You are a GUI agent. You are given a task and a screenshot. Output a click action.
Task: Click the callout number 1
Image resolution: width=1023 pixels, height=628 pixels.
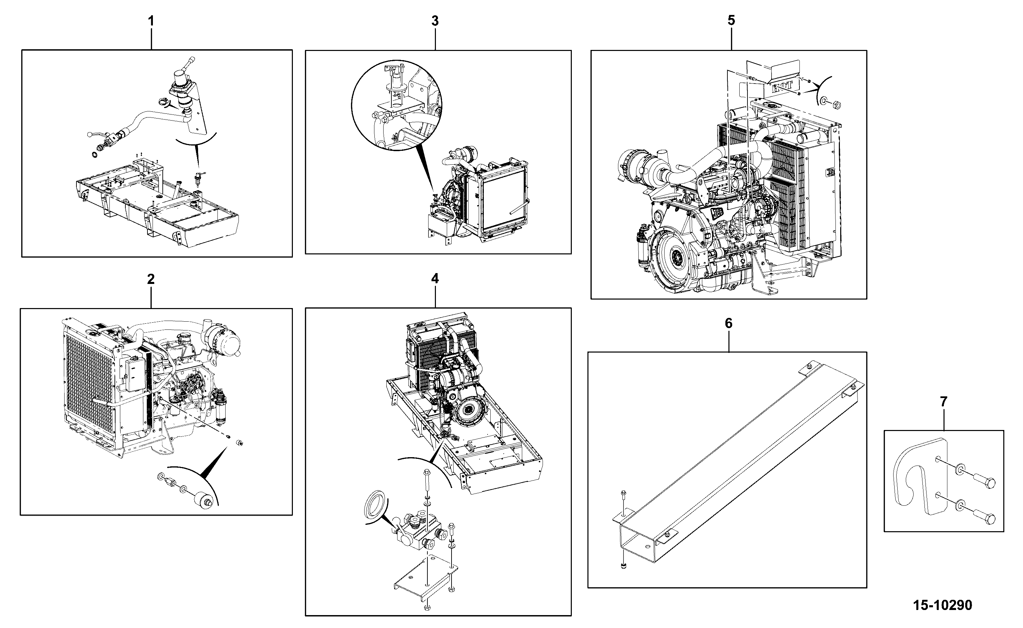tap(151, 21)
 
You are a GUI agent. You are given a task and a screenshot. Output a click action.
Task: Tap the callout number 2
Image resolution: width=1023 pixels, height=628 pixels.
tap(151, 279)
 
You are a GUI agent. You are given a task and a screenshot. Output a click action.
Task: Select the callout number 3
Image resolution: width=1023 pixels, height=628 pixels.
tap(435, 21)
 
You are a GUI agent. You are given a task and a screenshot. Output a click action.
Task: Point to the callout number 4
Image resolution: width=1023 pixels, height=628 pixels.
tap(435, 279)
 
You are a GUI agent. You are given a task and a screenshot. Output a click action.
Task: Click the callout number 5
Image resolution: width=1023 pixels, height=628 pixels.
tap(731, 20)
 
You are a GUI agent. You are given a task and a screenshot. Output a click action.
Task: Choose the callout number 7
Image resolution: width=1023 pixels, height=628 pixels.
tap(944, 402)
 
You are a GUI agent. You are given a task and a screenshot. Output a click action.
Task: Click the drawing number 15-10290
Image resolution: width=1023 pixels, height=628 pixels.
tap(942, 605)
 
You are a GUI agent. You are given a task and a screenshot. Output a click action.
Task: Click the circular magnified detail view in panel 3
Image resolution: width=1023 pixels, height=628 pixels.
tap(396, 106)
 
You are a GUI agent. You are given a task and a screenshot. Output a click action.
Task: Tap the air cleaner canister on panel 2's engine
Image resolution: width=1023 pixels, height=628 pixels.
tap(225, 344)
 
